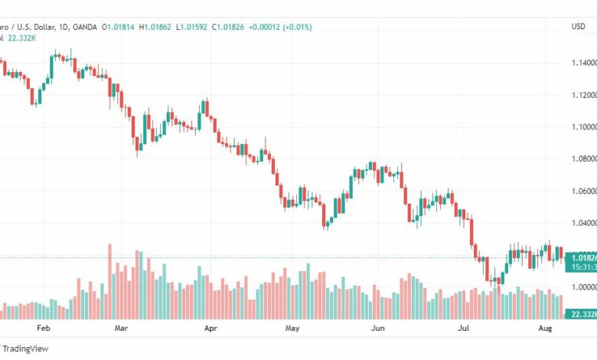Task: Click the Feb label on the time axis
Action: pos(43,327)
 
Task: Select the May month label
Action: pos(292,327)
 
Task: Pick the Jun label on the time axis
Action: pos(377,327)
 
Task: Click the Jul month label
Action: pos(463,327)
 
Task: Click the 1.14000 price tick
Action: pos(582,63)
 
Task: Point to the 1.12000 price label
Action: pos(582,95)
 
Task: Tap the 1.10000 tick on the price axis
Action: pos(582,127)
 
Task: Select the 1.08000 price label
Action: pos(582,159)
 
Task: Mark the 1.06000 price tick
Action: pos(582,191)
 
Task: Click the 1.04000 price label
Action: pos(582,224)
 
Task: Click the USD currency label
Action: pos(578,27)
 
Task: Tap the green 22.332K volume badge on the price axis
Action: pos(580,314)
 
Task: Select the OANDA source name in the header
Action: pos(84,27)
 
